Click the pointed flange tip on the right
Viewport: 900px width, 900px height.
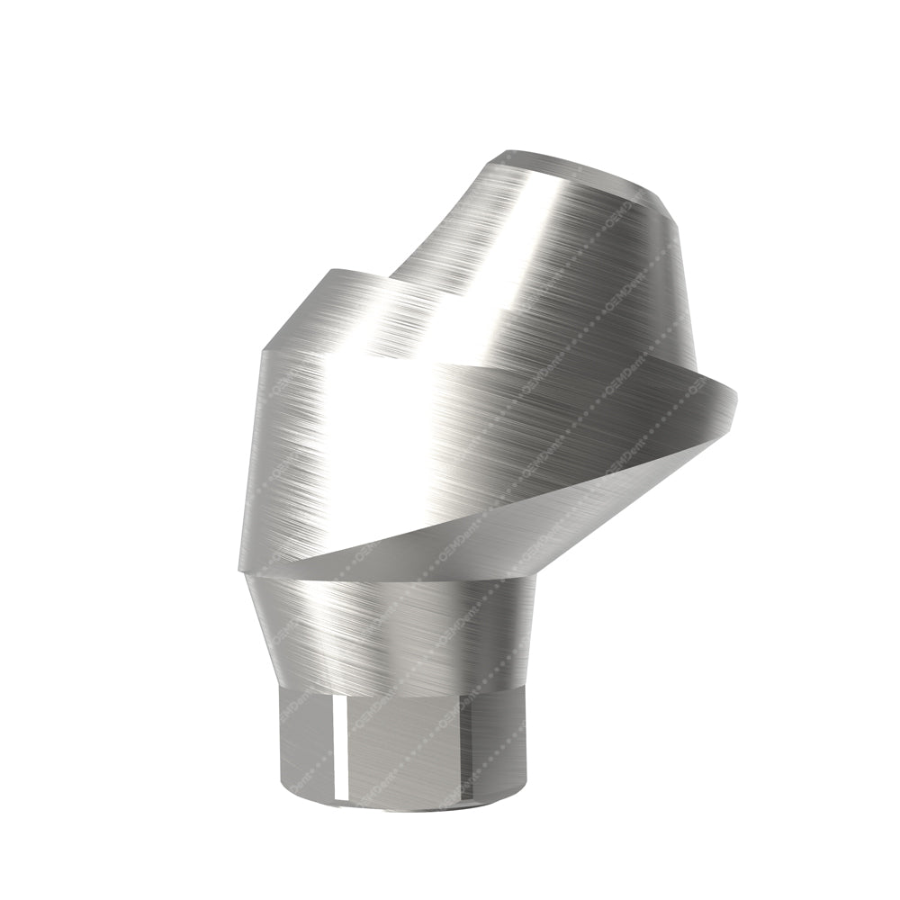(x=731, y=396)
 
